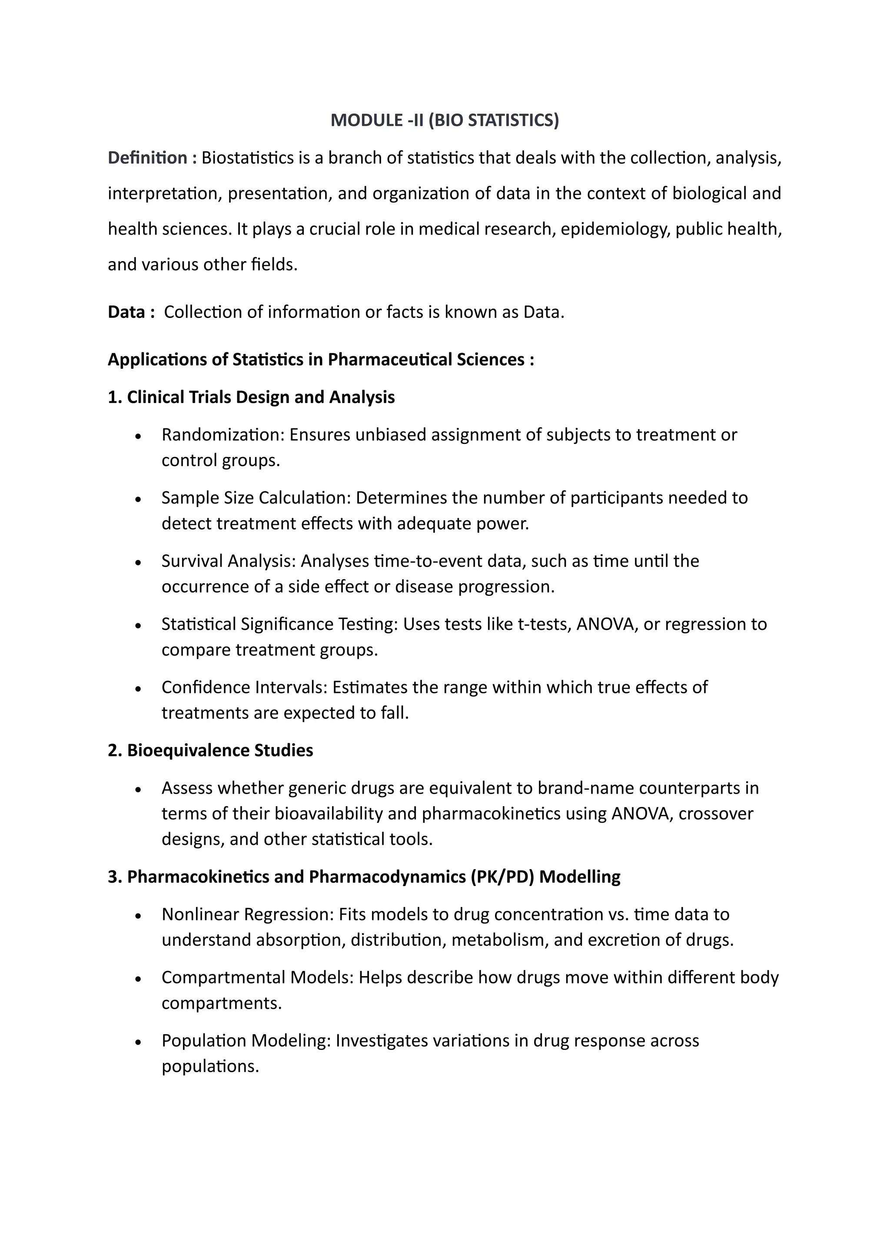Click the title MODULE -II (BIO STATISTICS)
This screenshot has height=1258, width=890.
click(x=445, y=120)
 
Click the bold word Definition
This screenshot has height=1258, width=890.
click(x=147, y=158)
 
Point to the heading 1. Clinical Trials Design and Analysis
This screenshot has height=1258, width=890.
click(x=251, y=397)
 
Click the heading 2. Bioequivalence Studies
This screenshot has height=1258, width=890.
click(x=210, y=750)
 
